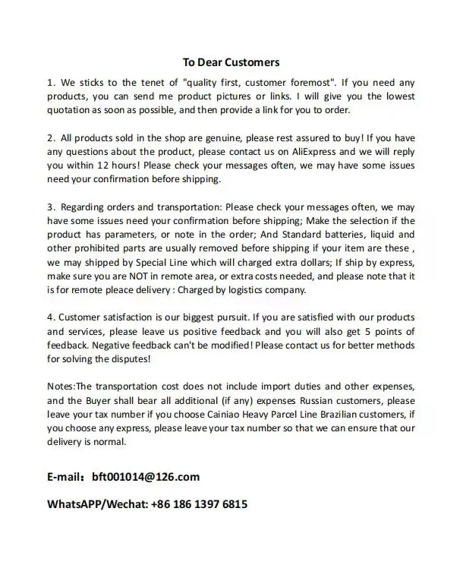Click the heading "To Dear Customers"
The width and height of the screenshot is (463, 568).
[231, 62]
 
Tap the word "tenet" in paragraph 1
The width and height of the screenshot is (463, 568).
[149, 81]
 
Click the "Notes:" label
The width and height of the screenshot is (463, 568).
[61, 386]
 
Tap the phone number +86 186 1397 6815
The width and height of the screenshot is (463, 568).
[200, 503]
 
